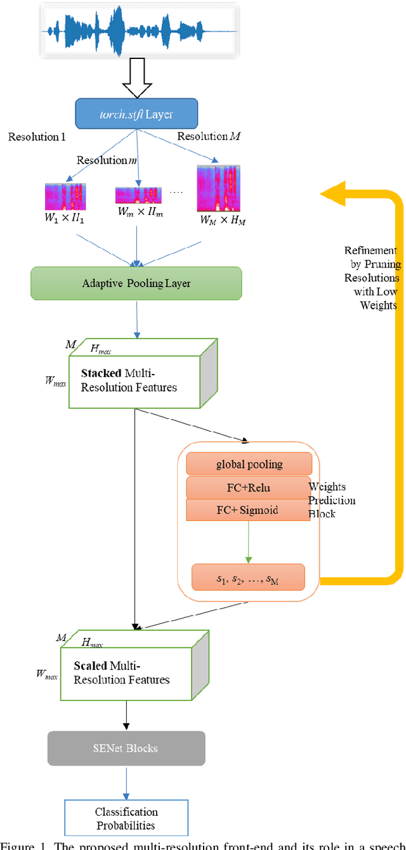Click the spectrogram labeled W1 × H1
coord(65,196)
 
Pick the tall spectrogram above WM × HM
coord(218,188)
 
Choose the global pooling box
coord(249,464)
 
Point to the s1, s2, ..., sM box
coord(248,577)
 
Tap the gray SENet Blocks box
coord(126,749)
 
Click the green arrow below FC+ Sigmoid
coord(248,542)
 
